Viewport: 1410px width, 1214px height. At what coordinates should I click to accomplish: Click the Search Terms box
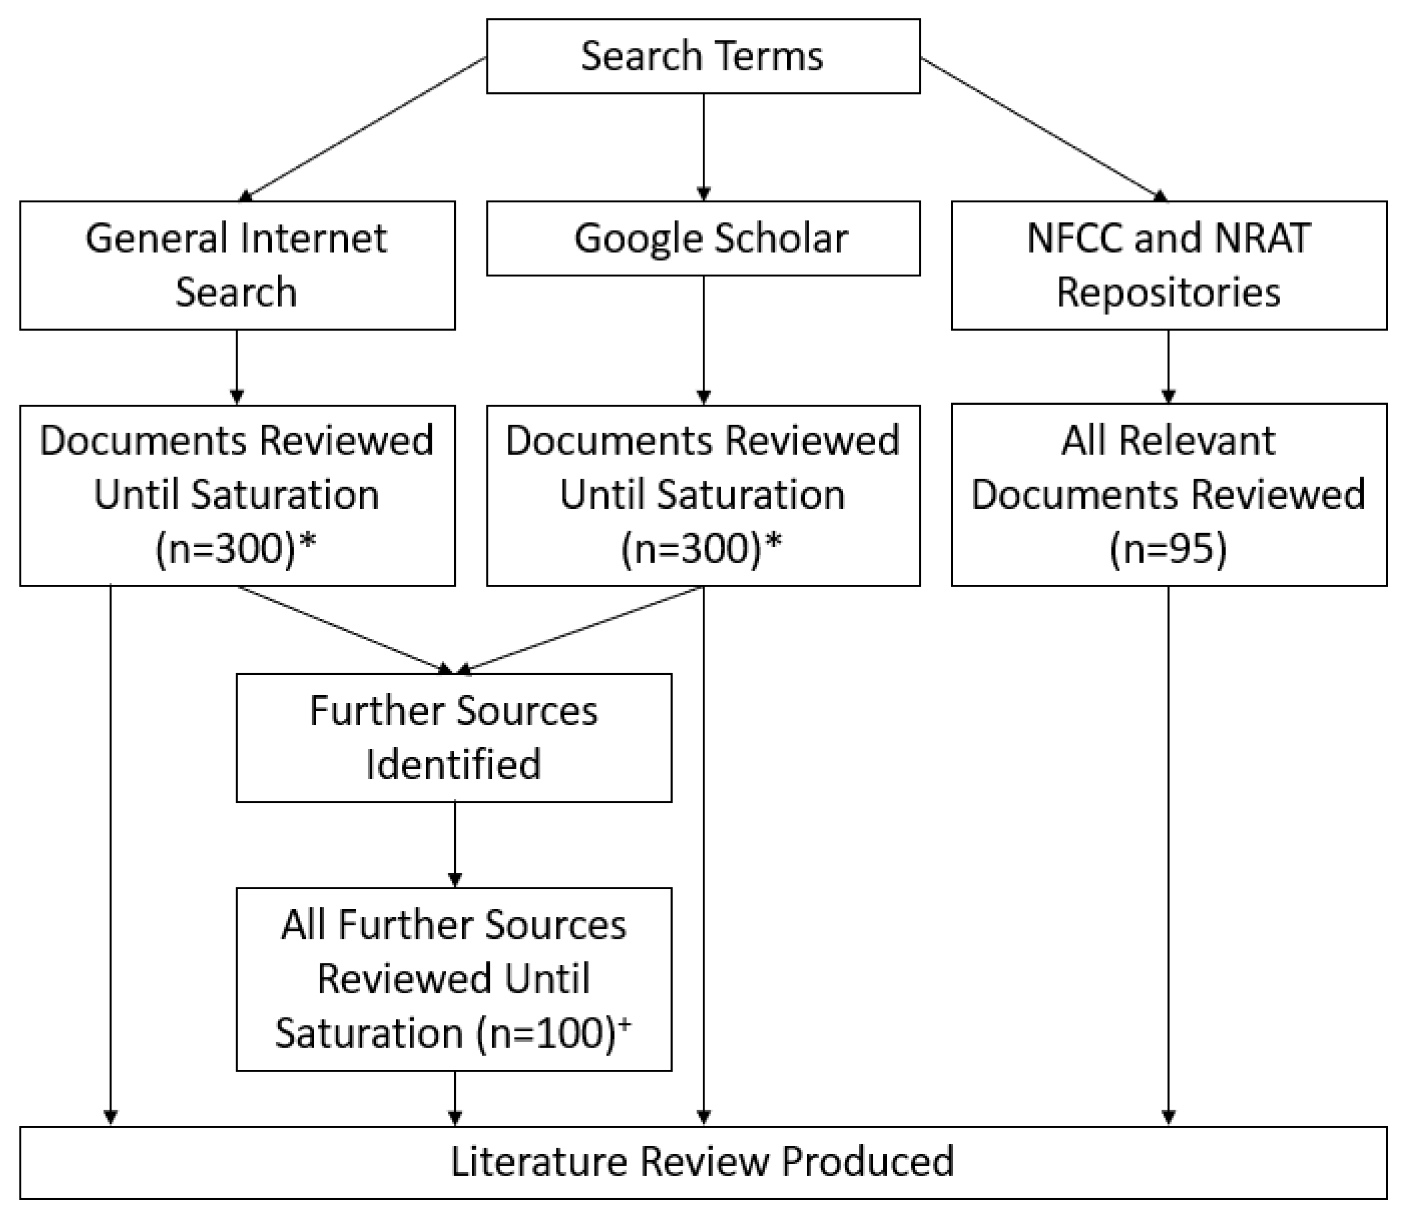(703, 56)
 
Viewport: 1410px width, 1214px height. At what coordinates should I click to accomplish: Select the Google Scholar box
(703, 238)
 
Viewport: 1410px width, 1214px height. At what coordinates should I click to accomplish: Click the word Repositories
(1168, 293)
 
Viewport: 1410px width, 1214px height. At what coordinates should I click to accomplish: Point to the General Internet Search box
(237, 265)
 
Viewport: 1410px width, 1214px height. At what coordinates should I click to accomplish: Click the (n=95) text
(1168, 548)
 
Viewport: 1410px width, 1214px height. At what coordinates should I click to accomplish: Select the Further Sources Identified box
(454, 737)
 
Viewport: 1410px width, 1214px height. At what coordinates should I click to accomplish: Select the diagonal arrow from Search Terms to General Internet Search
(364, 129)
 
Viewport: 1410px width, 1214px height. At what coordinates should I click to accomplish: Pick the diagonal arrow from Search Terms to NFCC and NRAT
(1041, 129)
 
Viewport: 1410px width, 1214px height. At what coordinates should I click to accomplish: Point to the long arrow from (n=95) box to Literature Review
(1168, 850)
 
